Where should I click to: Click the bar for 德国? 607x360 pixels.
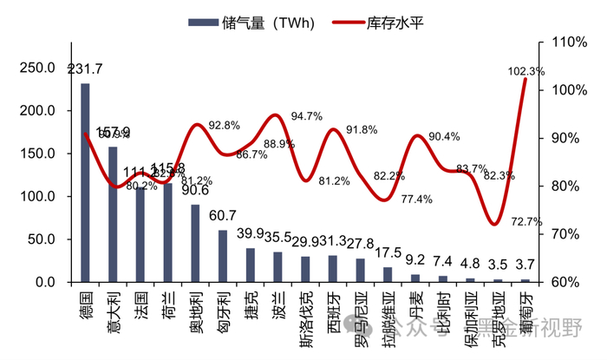85,183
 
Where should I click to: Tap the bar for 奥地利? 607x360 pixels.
195,244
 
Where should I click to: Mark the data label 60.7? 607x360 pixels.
223,214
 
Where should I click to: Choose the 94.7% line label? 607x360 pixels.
307,115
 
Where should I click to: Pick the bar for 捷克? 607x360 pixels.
251,265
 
